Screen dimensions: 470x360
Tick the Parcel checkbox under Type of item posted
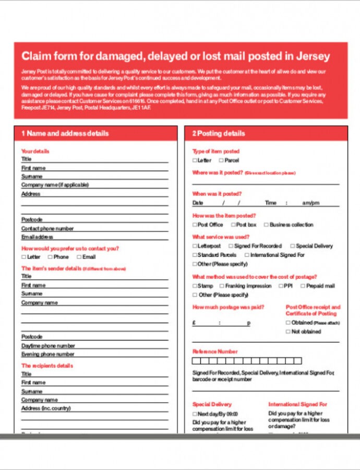[x=221, y=160]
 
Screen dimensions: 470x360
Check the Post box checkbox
[x=233, y=225]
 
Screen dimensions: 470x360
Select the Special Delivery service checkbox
[x=292, y=246]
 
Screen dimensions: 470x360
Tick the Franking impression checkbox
[x=222, y=286]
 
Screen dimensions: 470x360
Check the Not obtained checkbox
[x=287, y=332]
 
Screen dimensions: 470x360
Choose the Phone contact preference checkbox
[x=50, y=257]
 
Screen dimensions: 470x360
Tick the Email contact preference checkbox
[x=79, y=257]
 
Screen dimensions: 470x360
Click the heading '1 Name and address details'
[x=65, y=134]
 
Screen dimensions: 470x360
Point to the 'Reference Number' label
[x=215, y=351]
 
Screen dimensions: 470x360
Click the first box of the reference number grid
[x=196, y=361]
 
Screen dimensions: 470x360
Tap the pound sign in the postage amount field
[x=194, y=323]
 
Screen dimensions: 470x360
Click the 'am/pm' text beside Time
[x=310, y=203]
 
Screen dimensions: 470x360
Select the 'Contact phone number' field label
[x=47, y=228]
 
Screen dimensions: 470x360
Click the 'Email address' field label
[x=37, y=237]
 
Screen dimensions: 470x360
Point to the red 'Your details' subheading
[x=35, y=151]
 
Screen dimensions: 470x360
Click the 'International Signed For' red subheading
[x=297, y=404]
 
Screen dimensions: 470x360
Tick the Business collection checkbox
[x=266, y=225]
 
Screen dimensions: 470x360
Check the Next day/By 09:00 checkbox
[x=195, y=414]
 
